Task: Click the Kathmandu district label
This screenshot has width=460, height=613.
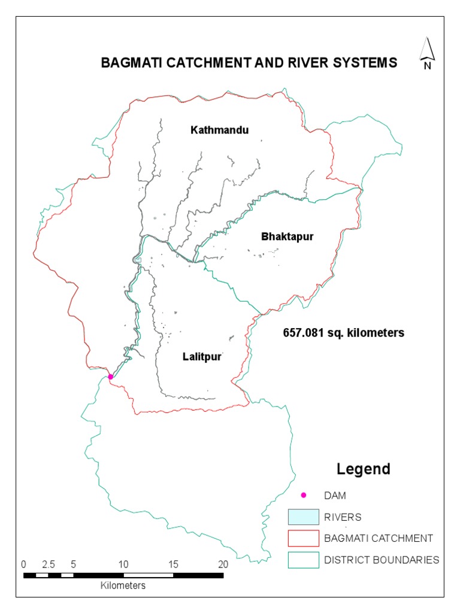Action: [x=219, y=129]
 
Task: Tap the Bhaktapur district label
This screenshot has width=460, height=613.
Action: [x=287, y=236]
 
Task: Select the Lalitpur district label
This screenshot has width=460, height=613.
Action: [x=202, y=357]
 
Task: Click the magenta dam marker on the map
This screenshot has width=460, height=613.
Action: [x=110, y=377]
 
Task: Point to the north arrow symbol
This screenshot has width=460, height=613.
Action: [x=427, y=54]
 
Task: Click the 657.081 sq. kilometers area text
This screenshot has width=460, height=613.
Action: [x=343, y=332]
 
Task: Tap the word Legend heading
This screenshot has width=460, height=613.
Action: [x=363, y=469]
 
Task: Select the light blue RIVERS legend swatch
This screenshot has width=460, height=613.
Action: [x=302, y=517]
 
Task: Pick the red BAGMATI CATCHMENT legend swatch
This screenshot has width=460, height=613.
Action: [x=302, y=538]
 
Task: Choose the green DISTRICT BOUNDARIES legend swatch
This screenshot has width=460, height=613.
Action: [x=302, y=560]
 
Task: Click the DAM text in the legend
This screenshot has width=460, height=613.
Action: [x=335, y=496]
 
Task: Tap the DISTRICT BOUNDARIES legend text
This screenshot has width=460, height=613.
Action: [x=382, y=560]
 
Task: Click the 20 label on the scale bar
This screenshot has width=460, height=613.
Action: [x=223, y=564]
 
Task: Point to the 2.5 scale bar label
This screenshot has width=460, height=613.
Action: [x=49, y=564]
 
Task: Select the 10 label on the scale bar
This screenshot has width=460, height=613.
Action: [x=123, y=564]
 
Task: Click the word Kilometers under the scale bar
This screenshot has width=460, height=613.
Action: [x=123, y=585]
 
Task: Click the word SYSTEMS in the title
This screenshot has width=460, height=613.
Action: [x=366, y=62]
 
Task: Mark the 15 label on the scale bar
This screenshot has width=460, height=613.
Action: [x=174, y=564]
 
